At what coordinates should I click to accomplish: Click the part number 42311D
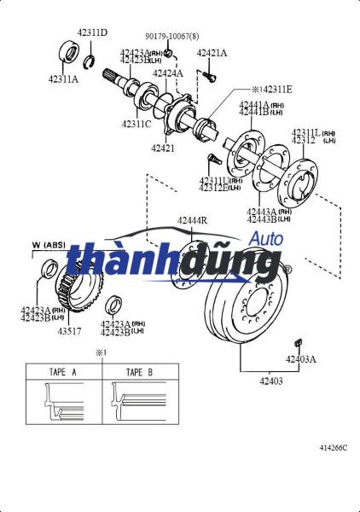click(92, 32)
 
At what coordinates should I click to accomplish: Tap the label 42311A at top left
click(63, 79)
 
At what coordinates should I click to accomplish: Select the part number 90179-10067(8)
click(171, 37)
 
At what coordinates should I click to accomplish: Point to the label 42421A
click(212, 53)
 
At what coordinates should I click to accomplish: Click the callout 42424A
click(168, 73)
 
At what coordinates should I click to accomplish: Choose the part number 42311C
click(136, 124)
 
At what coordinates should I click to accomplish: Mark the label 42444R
click(192, 221)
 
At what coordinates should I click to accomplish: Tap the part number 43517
click(72, 331)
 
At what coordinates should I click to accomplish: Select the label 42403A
click(300, 359)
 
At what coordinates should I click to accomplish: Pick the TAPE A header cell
click(63, 372)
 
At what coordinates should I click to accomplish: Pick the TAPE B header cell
click(139, 372)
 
